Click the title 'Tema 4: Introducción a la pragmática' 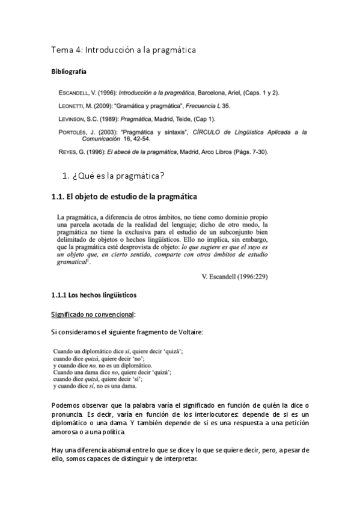pos(123,50)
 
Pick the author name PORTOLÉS pos(74,131)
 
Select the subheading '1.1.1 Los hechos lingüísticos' pos(94,295)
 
